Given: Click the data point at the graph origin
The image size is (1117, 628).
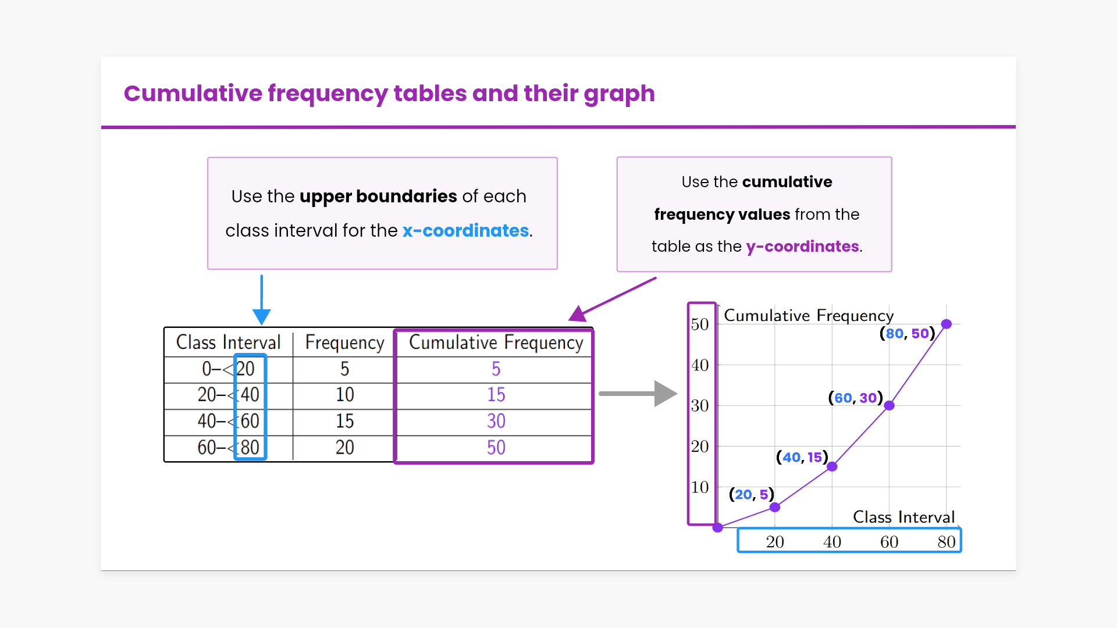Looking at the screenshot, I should [x=718, y=527].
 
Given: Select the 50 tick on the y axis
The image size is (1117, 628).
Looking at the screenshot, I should [x=700, y=324].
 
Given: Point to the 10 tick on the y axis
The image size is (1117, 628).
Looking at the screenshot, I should [x=700, y=487].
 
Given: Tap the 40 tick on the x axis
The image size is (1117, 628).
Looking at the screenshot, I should [x=832, y=542].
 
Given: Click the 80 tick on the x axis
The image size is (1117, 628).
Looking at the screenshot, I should [x=947, y=542].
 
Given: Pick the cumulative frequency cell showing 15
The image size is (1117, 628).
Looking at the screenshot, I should [x=496, y=395].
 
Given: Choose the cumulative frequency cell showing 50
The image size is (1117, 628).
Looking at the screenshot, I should [x=496, y=448].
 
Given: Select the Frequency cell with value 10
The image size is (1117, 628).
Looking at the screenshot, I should [x=344, y=395].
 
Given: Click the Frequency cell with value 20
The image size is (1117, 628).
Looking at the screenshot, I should [x=344, y=448].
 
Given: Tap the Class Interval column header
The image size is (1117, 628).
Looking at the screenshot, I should [x=228, y=342].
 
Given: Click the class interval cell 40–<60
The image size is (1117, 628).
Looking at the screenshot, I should [x=228, y=421].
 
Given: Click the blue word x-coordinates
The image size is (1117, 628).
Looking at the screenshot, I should [x=465, y=231].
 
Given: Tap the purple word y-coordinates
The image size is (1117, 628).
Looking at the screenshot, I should [x=802, y=247].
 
